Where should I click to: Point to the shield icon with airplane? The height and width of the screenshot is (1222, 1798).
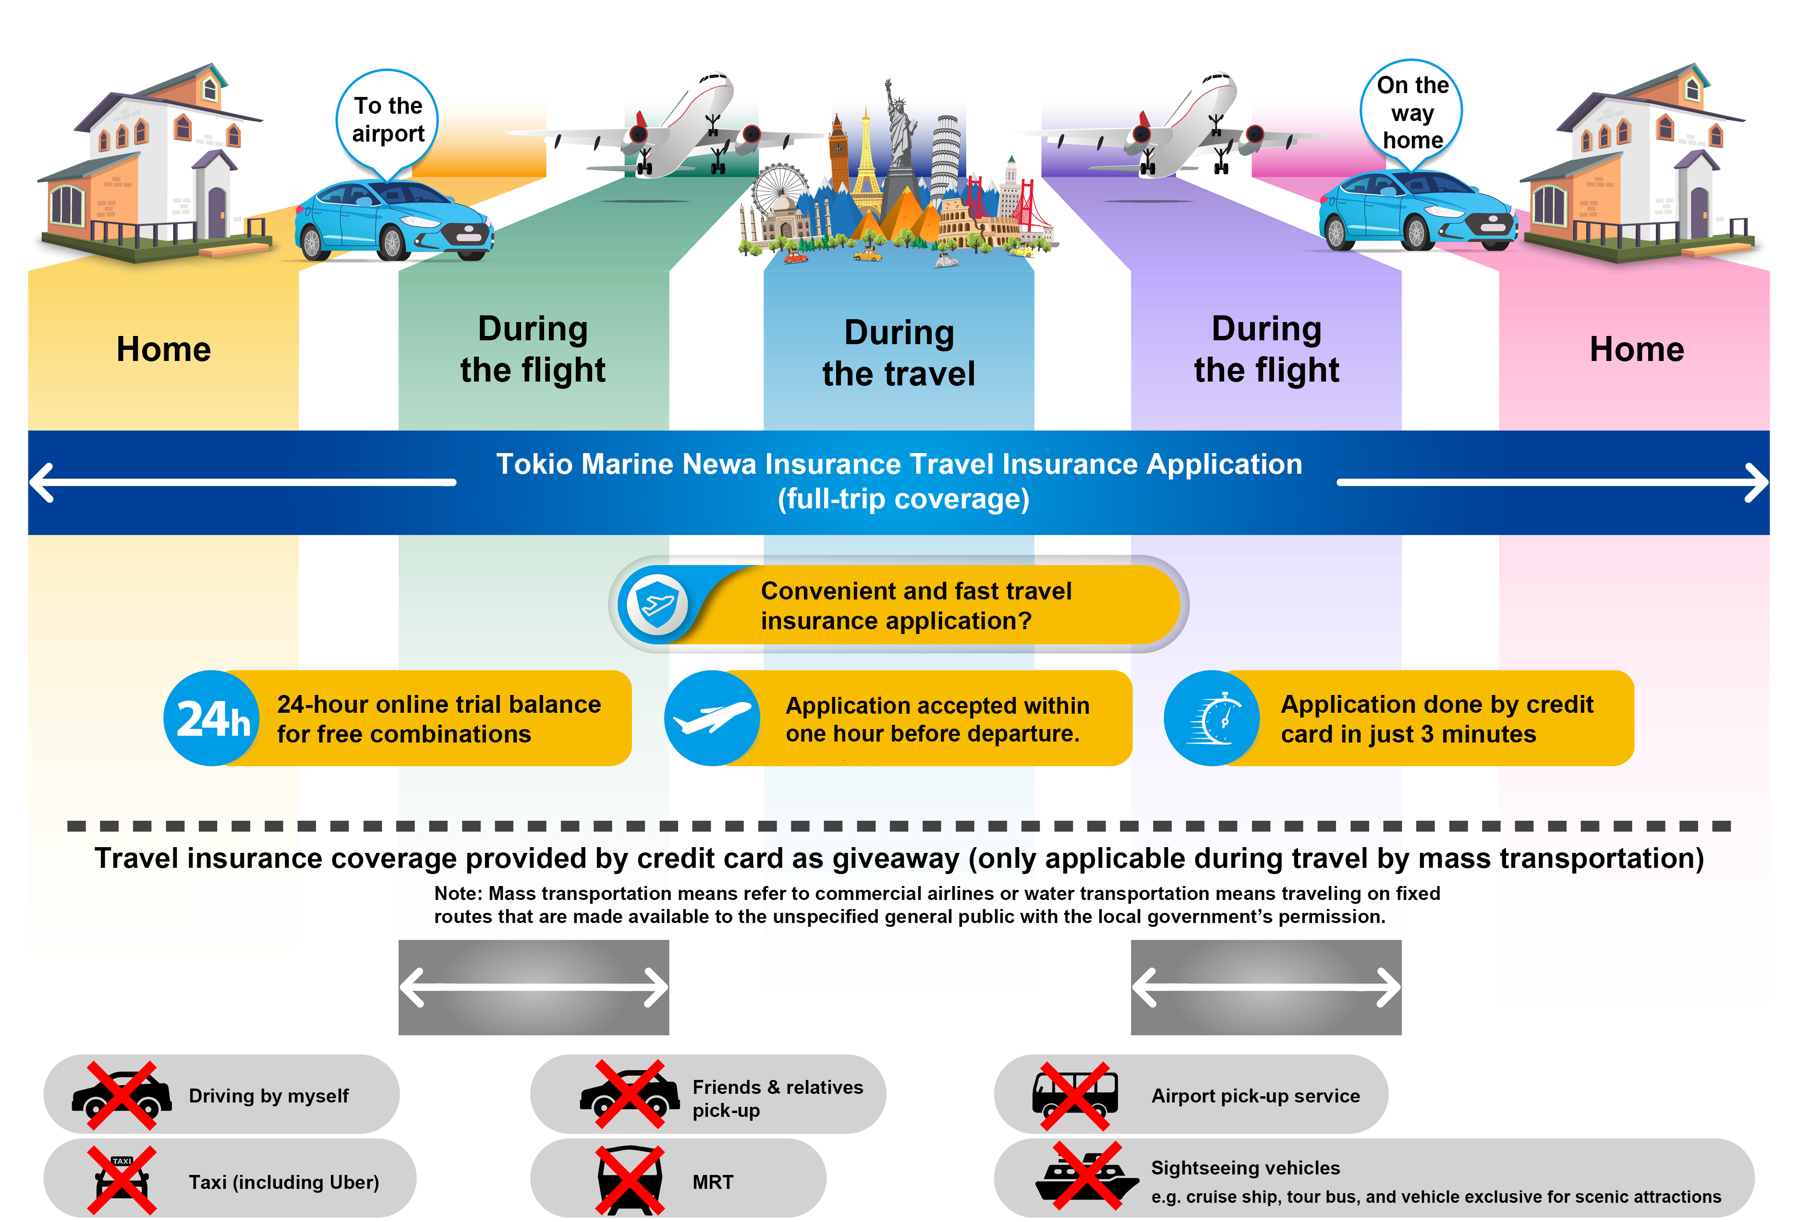coord(656,603)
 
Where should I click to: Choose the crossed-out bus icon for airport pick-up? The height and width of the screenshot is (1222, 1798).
coord(1075,1095)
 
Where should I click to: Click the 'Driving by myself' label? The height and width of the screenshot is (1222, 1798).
coord(268,1095)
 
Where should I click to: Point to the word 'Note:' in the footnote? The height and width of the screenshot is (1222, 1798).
coord(458,893)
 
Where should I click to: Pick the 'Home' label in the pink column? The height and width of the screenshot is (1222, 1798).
coord(1636,349)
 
